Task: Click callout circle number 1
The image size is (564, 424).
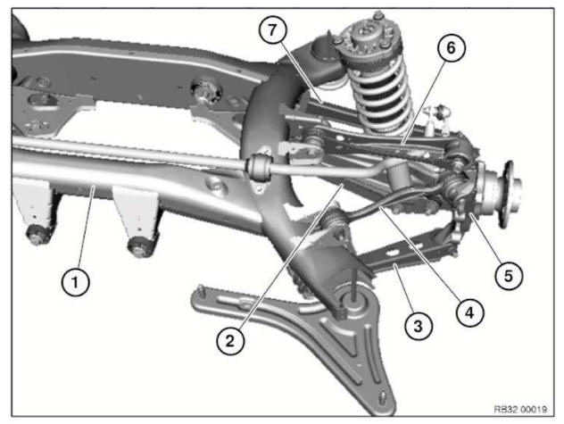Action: coord(76,283)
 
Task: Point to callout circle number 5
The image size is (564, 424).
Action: coord(508,274)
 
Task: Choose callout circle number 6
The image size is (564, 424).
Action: coord(451,48)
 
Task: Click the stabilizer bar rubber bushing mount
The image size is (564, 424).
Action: coord(261,167)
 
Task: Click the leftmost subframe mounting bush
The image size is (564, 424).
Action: coord(38,237)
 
